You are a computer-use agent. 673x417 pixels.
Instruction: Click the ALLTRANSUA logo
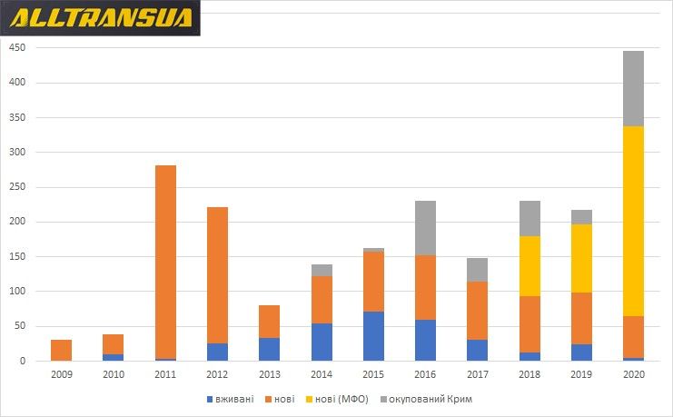pos(101,18)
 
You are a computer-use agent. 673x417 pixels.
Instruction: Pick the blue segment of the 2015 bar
pos(372,336)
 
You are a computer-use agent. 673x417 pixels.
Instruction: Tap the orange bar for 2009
pos(61,350)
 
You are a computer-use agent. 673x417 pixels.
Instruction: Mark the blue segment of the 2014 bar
pos(321,342)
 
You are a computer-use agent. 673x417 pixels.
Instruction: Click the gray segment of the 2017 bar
pos(476,270)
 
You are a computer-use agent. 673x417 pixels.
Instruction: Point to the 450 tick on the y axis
pos(16,48)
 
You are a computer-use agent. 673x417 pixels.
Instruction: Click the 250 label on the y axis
pos(16,187)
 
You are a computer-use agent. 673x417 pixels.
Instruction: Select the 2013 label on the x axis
pos(269,373)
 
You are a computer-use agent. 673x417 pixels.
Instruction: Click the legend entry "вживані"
pos(232,399)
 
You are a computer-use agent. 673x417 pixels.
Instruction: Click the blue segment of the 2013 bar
pos(269,349)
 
